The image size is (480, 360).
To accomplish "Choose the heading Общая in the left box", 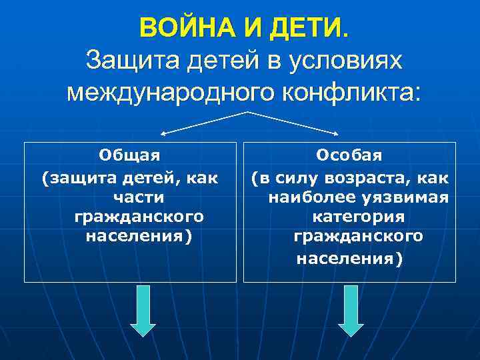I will click(x=130, y=155).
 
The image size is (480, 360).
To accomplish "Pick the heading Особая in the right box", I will click(x=349, y=155).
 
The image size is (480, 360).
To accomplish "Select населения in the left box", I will click(x=138, y=237).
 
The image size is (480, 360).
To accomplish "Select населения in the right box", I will click(x=349, y=258).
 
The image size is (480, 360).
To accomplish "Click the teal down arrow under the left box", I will click(x=143, y=311).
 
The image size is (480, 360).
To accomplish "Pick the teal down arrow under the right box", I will click(x=351, y=311).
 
